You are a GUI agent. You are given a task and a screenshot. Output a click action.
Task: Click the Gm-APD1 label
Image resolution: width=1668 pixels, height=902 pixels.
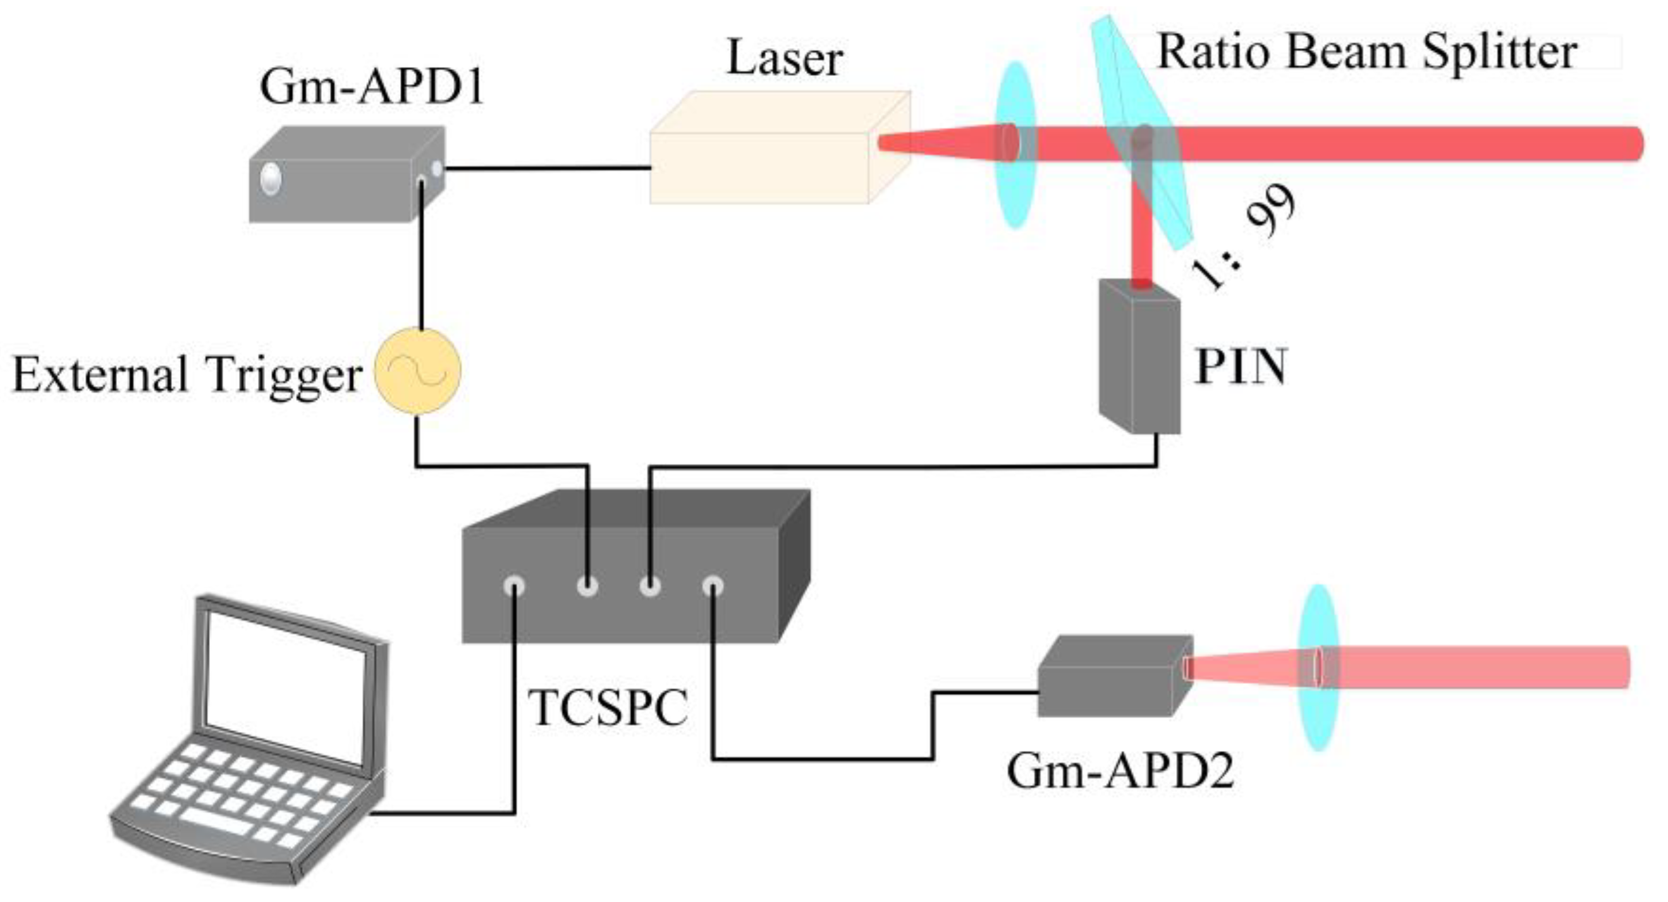point(372,87)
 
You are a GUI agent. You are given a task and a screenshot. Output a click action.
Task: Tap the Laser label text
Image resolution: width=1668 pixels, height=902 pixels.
point(785,58)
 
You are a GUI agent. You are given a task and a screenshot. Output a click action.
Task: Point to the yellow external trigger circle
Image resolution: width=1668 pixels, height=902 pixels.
point(419,371)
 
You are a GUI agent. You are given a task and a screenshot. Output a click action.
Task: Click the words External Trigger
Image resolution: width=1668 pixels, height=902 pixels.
point(187,375)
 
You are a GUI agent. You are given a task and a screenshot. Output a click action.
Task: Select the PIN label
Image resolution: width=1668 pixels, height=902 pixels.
point(1240,367)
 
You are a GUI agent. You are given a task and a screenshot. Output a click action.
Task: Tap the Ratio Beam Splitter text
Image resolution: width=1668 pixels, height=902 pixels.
point(1366,51)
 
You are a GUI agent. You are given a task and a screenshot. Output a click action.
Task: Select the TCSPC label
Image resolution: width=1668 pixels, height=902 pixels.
point(608,708)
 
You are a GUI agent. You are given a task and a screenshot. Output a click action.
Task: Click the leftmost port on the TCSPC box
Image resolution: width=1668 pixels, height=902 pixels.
point(515,586)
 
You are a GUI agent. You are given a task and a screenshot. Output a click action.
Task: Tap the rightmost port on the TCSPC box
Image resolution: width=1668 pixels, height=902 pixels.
point(713,586)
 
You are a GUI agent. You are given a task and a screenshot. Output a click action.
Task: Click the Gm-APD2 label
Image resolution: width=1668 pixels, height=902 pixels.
point(1120,771)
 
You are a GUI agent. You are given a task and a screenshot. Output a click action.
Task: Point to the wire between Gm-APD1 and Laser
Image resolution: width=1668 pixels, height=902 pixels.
point(547,169)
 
